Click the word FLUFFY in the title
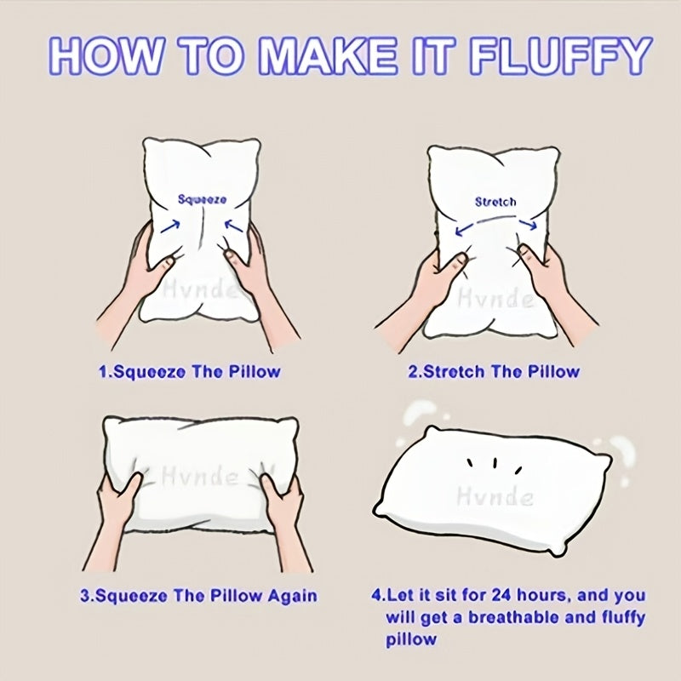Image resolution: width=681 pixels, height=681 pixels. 560,56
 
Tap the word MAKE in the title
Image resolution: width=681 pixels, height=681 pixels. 328,56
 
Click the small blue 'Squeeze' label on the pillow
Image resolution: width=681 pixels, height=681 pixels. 202,199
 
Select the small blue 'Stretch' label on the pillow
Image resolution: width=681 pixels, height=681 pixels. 495,202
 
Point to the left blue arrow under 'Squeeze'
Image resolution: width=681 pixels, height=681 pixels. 170,226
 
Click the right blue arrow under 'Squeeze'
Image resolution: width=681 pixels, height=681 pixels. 233,226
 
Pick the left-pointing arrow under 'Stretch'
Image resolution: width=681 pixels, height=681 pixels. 465,229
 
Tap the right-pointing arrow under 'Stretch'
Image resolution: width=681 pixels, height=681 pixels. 528,224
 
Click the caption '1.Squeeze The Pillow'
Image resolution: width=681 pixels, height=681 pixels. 189,372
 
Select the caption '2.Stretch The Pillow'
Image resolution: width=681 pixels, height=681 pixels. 494,372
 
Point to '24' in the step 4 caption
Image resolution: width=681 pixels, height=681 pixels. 501,595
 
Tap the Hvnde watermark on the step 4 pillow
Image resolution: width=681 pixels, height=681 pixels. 495,496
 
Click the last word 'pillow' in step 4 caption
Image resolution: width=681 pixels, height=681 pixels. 411,640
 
